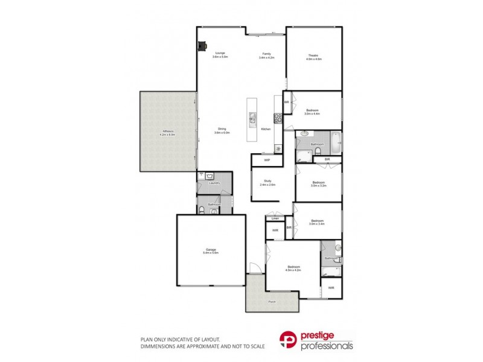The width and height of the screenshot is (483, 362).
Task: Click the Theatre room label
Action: coord(314,55)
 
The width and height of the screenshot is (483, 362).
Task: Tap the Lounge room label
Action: coord(219,53)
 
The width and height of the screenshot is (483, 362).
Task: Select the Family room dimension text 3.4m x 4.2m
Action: coord(266,58)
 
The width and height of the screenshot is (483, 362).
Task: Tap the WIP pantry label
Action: coord(267,160)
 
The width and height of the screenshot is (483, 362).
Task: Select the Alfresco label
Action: coord(167,131)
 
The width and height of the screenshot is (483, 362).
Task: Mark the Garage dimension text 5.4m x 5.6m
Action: coord(210,253)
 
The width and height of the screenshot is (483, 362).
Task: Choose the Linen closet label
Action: coord(275,218)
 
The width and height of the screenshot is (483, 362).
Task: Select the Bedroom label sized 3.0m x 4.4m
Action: coord(312,110)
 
